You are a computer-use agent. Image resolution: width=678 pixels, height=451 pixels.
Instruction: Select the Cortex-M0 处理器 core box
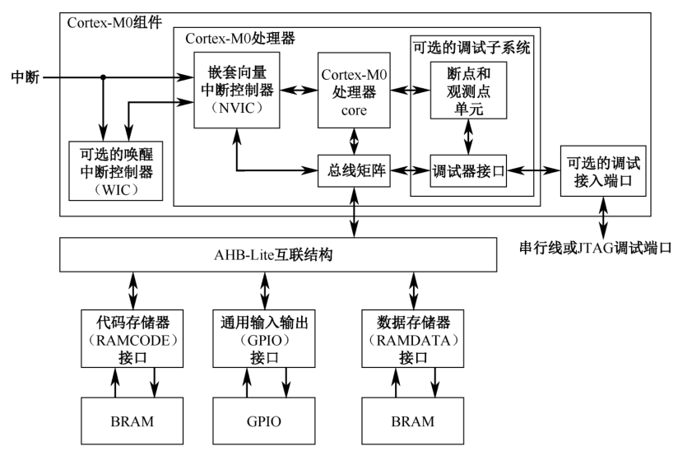point(354,90)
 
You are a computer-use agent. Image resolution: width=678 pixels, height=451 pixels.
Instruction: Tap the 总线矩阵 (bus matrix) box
point(354,171)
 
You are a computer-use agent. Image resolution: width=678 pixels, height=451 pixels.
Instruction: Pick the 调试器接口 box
point(468,172)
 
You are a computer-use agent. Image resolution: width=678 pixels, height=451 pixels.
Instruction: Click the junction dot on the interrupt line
point(103,79)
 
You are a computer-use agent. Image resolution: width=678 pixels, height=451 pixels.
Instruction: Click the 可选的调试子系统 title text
point(468,47)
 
